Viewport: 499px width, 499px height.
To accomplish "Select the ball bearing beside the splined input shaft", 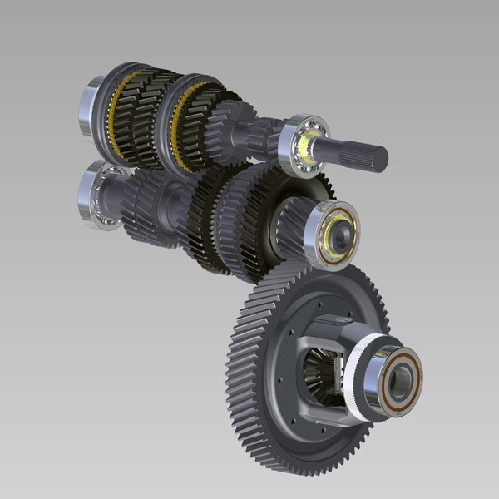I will tap(303, 143).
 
